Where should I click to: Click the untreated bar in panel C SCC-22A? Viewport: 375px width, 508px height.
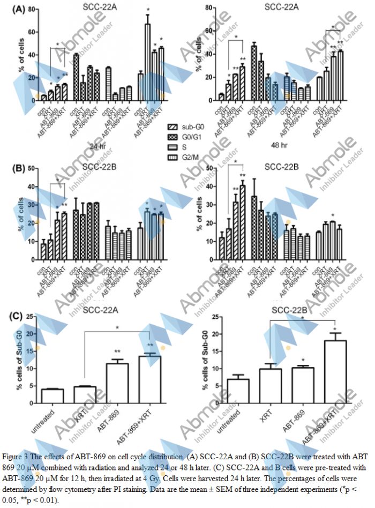tap(52, 396)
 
